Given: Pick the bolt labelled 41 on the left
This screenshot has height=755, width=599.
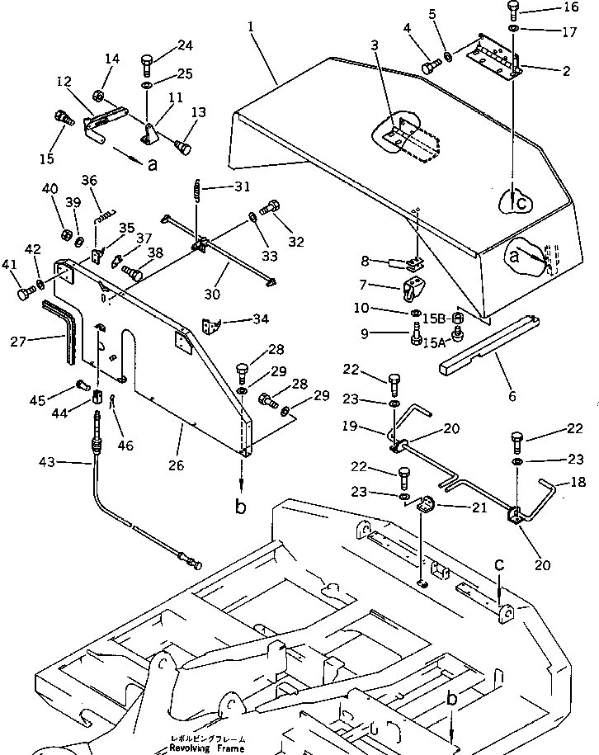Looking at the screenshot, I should coord(23,291).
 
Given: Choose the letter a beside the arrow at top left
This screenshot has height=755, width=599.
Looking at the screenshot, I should coord(152,164).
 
